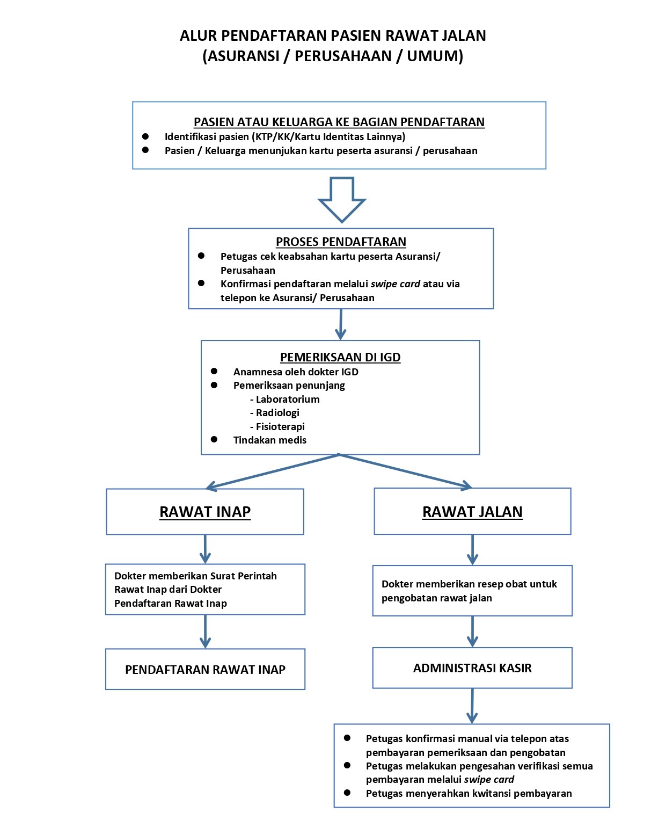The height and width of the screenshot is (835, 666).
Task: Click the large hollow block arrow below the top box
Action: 342,199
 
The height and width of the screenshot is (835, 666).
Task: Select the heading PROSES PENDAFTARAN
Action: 341,242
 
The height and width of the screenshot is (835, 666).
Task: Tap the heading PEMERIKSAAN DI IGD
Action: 340,357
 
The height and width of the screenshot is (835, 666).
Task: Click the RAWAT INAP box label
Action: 205,512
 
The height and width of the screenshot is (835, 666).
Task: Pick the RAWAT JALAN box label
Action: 472,512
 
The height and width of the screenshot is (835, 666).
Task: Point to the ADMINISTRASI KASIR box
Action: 472,668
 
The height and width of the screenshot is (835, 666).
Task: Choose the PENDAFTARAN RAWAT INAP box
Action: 205,670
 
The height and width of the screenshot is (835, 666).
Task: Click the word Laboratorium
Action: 288,399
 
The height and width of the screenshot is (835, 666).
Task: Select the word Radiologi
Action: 277,412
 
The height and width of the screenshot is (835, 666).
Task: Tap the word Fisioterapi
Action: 280,426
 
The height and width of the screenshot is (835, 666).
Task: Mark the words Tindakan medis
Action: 270,440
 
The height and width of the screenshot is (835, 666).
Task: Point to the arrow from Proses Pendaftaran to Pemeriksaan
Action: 340,324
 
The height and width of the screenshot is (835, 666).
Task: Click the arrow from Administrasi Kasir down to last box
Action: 472,706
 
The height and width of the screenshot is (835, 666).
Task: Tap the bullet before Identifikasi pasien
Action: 145,136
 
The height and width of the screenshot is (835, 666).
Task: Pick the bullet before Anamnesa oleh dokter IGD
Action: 214,371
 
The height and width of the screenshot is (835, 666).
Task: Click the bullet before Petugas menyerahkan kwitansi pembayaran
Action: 347,793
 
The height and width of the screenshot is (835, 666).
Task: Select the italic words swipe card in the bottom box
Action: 489,779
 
